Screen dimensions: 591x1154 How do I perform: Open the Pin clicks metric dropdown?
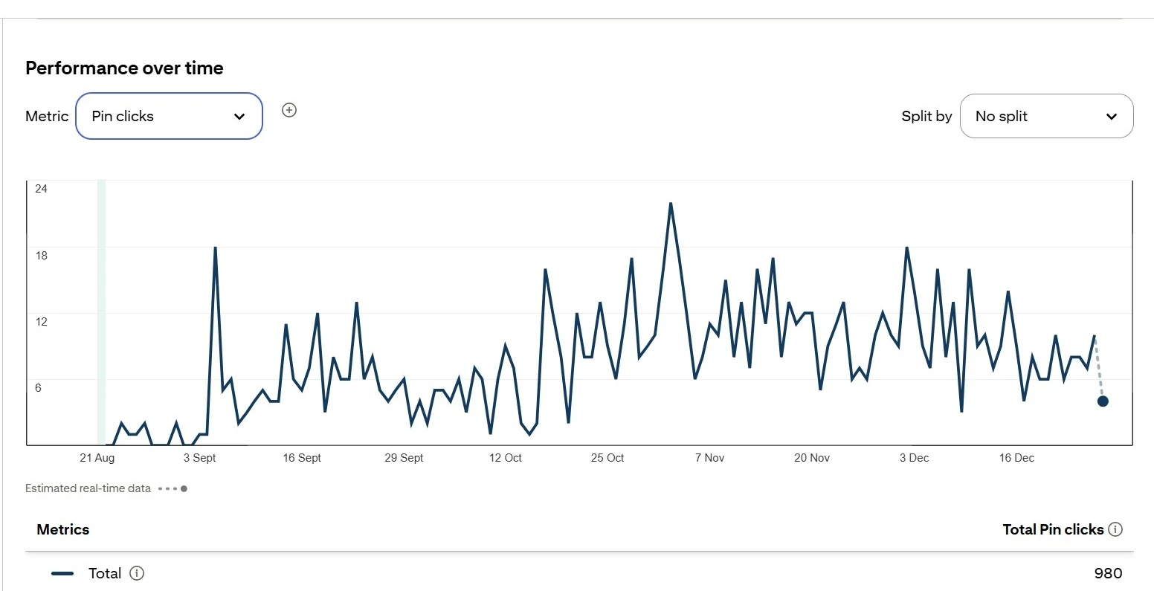[x=169, y=116]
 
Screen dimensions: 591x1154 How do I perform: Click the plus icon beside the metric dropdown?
[x=289, y=110]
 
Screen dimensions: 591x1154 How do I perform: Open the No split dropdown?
[x=1046, y=116]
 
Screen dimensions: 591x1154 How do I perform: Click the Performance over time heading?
[x=124, y=68]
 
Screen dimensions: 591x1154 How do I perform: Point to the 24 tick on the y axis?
[x=41, y=189]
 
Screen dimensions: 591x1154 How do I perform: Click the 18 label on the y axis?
[x=41, y=256]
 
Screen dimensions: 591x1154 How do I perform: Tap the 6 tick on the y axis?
[x=38, y=388]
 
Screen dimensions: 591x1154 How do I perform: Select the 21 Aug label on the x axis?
[x=97, y=458]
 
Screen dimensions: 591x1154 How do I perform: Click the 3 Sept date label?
[x=199, y=458]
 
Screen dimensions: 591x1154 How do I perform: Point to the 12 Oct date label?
[x=505, y=458]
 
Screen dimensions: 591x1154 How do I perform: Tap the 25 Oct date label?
[x=607, y=458]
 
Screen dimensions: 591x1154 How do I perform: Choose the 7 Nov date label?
[x=709, y=458]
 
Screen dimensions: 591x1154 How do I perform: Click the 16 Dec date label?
[x=1016, y=458]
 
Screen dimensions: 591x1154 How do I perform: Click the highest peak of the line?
[x=671, y=203]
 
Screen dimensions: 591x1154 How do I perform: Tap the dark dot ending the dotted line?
[x=1103, y=401]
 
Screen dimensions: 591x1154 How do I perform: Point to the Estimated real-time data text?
[x=88, y=488]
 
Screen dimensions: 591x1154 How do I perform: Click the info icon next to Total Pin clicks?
[x=1115, y=529]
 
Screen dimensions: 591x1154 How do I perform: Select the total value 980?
[x=1108, y=573]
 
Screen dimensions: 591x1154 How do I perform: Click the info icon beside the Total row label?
[x=137, y=573]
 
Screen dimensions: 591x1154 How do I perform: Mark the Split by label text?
[x=926, y=116]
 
